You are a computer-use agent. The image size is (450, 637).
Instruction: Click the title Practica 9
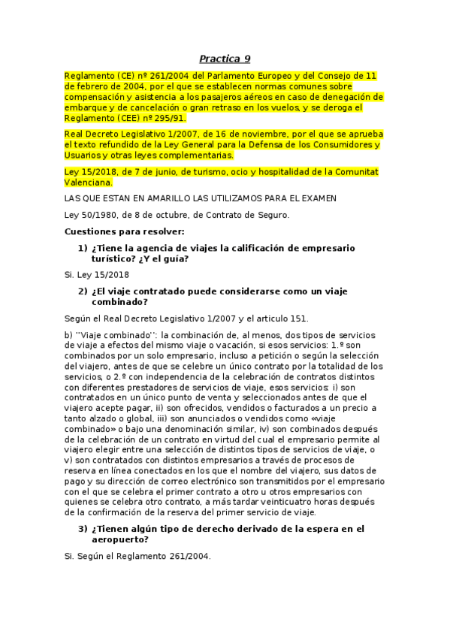pos(225,59)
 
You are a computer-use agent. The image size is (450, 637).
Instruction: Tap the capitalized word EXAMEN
pos(316,198)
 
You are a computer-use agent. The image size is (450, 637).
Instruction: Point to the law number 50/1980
pos(100,215)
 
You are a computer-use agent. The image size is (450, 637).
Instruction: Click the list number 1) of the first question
pos(83,248)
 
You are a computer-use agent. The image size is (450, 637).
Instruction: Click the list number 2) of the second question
pos(83,291)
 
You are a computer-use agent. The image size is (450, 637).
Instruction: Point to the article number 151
pos(297,318)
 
